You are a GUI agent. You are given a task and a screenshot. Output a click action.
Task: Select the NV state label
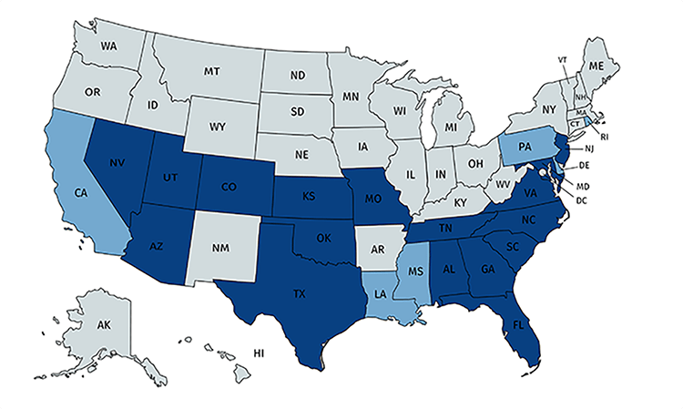tap(117, 164)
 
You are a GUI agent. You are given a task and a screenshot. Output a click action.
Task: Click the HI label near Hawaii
tap(258, 352)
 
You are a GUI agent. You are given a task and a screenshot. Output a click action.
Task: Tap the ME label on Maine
tap(598, 66)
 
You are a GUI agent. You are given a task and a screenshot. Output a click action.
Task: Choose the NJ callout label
tap(588, 147)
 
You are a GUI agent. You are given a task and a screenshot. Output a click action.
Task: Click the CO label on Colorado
tap(229, 188)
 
